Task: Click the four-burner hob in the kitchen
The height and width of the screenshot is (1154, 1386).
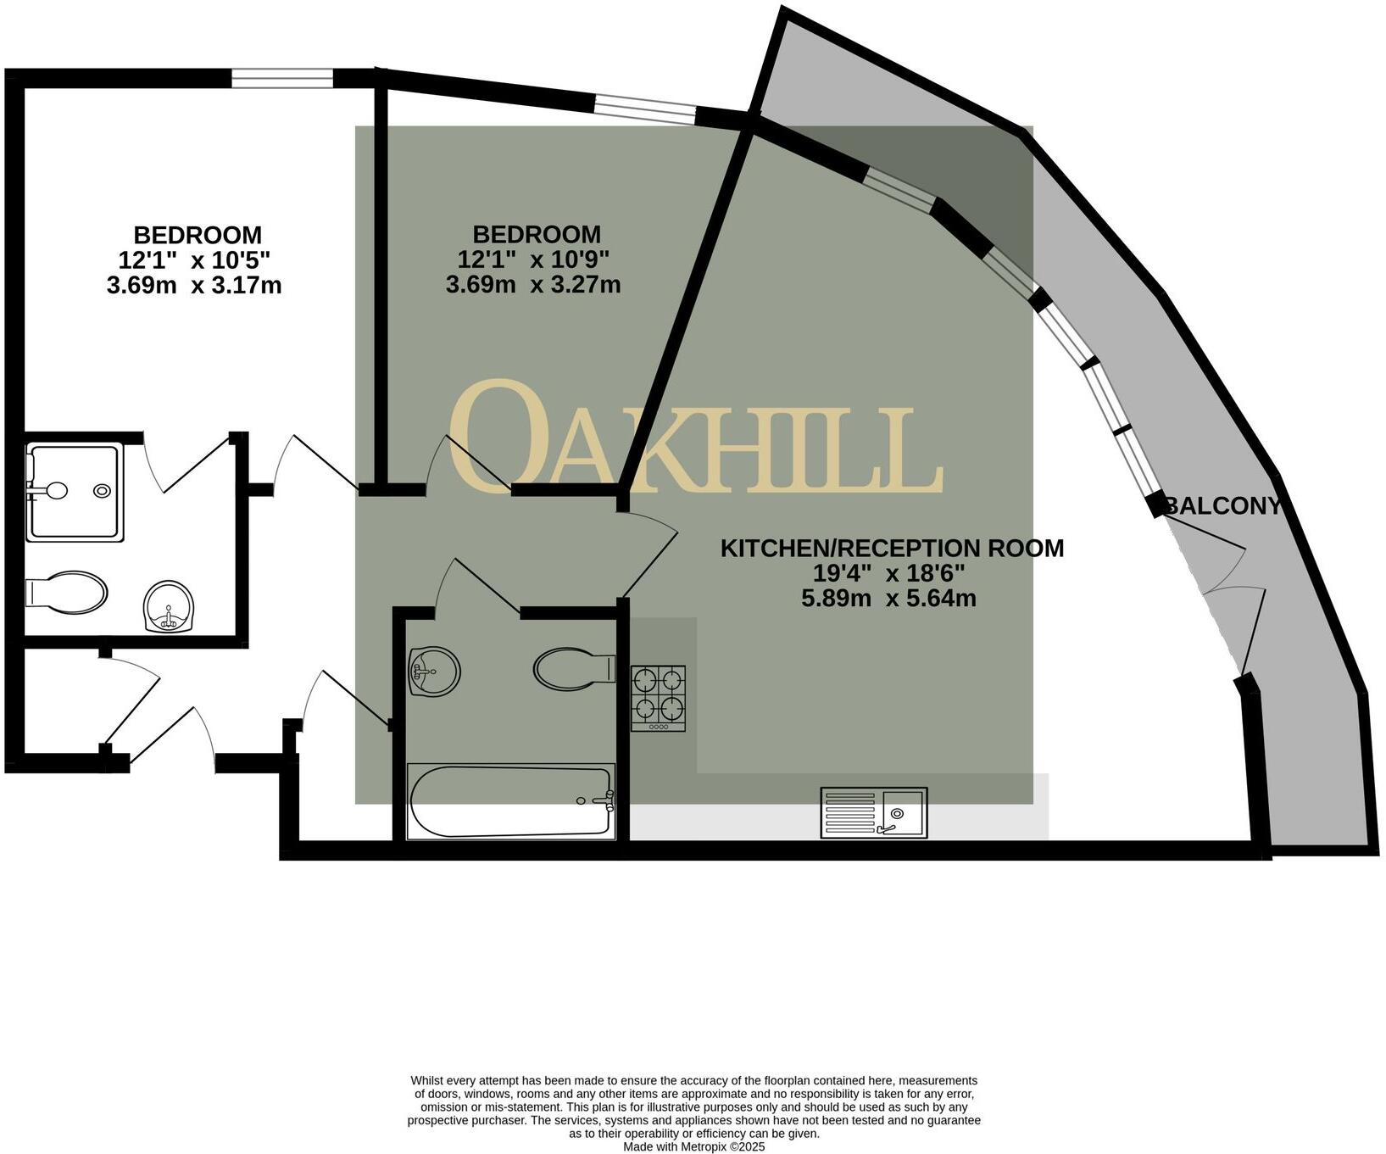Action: click(x=658, y=698)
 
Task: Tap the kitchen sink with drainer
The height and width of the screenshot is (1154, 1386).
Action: click(x=873, y=813)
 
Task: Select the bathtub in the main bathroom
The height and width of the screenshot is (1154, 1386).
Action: click(x=510, y=801)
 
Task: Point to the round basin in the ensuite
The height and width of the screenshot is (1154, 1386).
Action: click(x=169, y=606)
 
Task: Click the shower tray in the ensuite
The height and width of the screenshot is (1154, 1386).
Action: click(x=75, y=491)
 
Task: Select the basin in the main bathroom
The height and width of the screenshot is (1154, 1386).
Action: click(x=433, y=672)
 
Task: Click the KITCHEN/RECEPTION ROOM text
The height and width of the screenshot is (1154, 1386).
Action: click(x=892, y=548)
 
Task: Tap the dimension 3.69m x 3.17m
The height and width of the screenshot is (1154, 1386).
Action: click(x=194, y=286)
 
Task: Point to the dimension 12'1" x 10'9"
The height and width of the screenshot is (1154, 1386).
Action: click(x=533, y=259)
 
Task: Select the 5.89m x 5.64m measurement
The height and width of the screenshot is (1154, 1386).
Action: click(x=888, y=599)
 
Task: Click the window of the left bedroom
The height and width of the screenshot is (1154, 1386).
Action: click(x=282, y=79)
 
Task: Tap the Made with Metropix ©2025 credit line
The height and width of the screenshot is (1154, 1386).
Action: click(x=693, y=1146)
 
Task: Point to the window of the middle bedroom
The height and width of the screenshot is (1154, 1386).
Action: click(x=644, y=109)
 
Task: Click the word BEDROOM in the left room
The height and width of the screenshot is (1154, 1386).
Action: click(x=198, y=235)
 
